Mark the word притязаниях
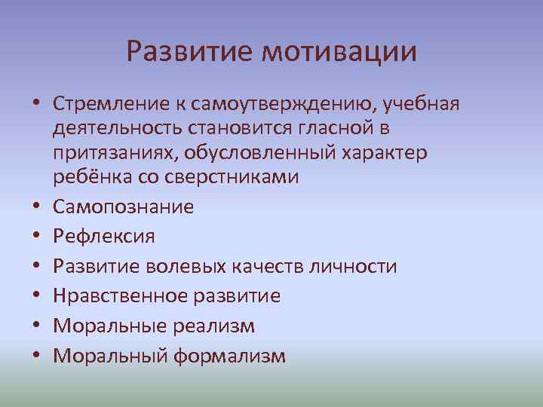point(118,152)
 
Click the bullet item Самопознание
point(123,207)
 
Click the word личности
point(357,267)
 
